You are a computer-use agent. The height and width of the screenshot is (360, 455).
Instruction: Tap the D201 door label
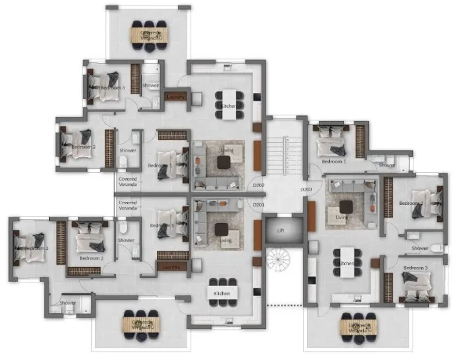pos(258,205)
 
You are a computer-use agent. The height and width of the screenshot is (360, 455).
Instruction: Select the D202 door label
pos(258,185)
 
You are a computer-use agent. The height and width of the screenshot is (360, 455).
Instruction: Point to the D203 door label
pos(306,189)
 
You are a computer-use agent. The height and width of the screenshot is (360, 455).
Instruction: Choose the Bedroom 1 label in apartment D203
pos(334,161)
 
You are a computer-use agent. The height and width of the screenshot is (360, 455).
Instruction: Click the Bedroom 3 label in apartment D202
pos(112,88)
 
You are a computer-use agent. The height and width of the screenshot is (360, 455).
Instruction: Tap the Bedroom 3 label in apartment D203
pos(415,268)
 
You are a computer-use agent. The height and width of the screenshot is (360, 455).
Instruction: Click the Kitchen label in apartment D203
pos(347,263)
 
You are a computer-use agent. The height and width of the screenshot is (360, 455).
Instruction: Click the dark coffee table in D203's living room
pos(346,207)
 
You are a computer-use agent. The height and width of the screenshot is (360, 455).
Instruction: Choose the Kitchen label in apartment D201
pos(222,292)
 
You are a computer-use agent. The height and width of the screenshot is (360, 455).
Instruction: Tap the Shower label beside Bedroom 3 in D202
pos(150,86)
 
